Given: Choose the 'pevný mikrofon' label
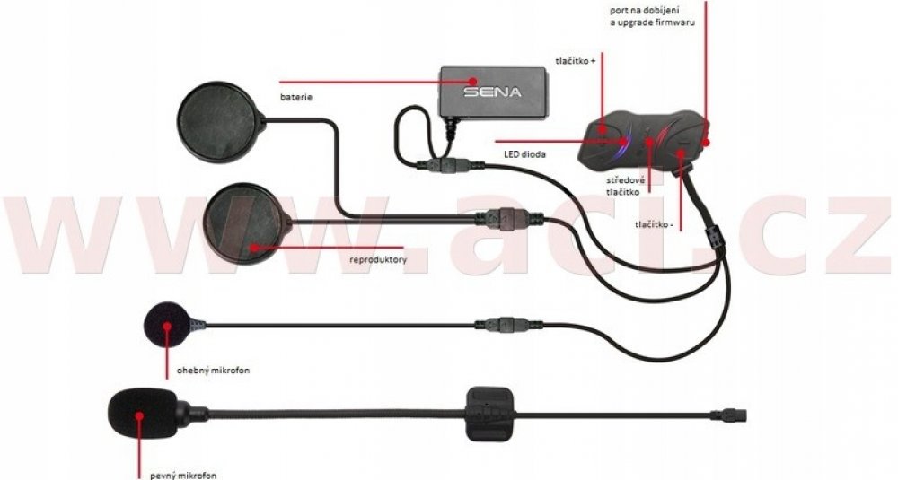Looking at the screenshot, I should coord(178,475).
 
